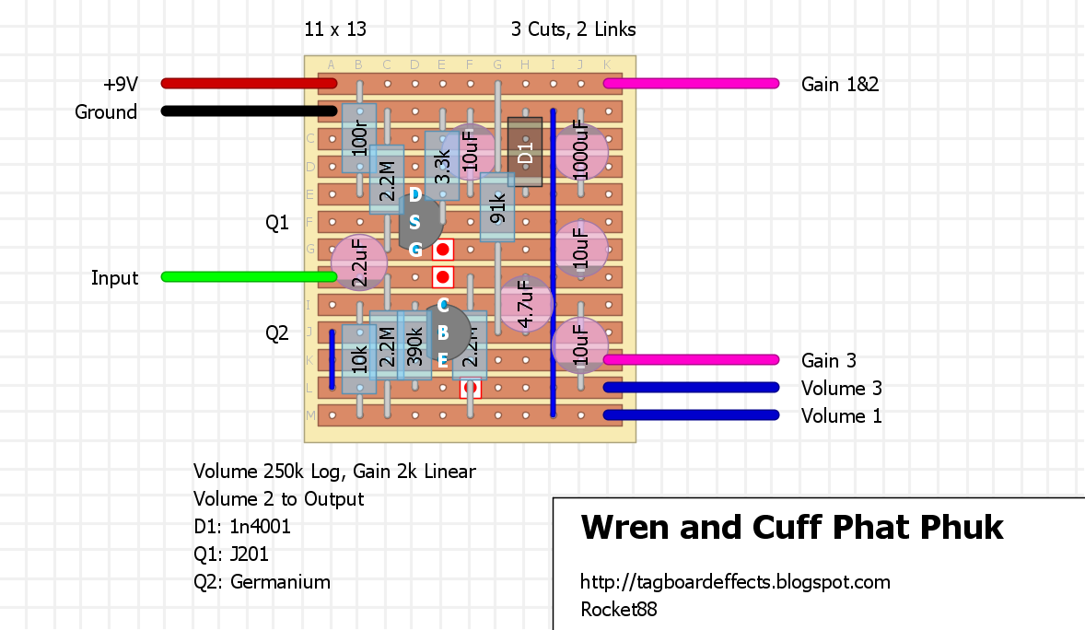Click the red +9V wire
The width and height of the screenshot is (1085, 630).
[249, 84]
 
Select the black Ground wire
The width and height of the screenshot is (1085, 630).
[249, 111]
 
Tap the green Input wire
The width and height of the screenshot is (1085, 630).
[249, 276]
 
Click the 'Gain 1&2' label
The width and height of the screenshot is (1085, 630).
[840, 84]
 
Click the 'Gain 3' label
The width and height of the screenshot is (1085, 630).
[829, 360]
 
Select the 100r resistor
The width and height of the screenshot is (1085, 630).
[359, 138]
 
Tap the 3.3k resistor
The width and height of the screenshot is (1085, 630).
[442, 166]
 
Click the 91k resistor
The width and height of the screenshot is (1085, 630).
[497, 208]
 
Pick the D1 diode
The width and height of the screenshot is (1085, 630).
[525, 152]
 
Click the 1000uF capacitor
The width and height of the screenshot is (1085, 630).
[580, 152]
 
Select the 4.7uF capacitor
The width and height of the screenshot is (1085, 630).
[525, 304]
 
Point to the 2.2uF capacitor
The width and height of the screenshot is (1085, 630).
[359, 262]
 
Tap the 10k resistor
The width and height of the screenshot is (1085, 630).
[359, 359]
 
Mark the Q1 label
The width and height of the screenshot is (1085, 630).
[276, 222]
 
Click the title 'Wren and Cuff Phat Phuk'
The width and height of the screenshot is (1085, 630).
[792, 528]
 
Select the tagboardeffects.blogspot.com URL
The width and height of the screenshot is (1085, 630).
[735, 582]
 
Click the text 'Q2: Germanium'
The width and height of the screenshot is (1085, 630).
[262, 582]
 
